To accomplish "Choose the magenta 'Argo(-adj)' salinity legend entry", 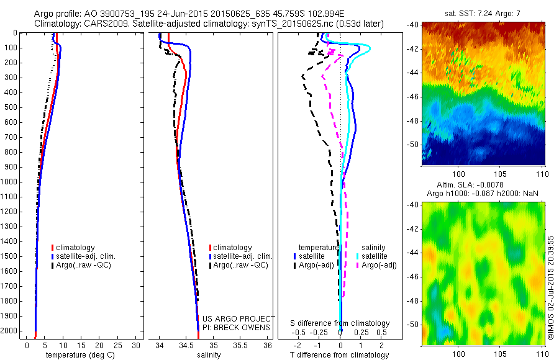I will coord(378,265).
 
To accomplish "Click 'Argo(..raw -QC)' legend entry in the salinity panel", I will coord(240,265).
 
